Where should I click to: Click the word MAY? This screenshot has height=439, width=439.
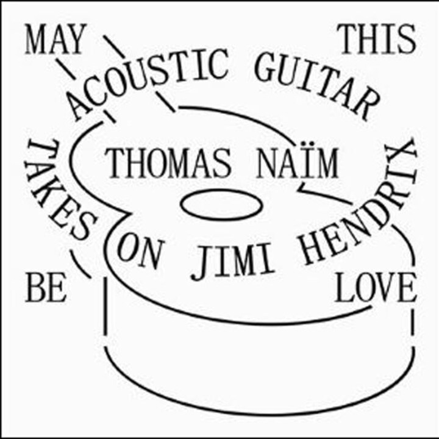click(x=55, y=39)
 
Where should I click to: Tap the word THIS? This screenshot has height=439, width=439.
click(x=377, y=39)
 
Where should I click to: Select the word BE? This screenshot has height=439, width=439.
click(x=46, y=288)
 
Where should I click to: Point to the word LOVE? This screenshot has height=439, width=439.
click(x=375, y=288)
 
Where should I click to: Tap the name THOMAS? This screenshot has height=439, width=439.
click(x=169, y=164)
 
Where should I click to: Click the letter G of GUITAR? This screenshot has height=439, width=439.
click(x=266, y=67)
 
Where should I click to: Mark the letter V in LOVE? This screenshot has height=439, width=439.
click(x=385, y=288)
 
